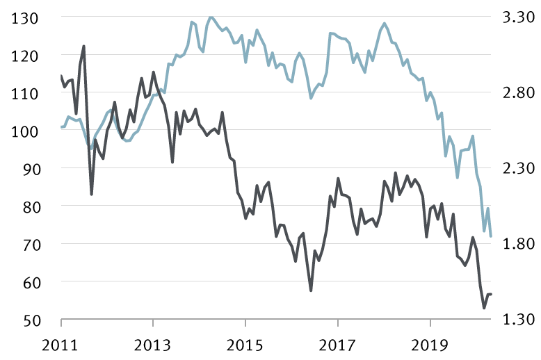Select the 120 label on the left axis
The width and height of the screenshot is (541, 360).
click(26, 55)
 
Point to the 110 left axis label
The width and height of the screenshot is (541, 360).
click(26, 93)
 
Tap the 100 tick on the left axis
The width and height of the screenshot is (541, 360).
click(26, 131)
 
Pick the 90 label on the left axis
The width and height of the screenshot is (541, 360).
click(30, 169)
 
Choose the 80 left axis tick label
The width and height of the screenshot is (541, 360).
click(30, 206)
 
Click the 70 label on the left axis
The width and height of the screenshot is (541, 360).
click(30, 245)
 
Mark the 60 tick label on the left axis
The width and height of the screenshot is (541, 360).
click(30, 282)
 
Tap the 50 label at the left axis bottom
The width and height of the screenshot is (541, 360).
click(30, 320)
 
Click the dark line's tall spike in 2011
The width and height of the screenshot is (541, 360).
click(84, 47)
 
